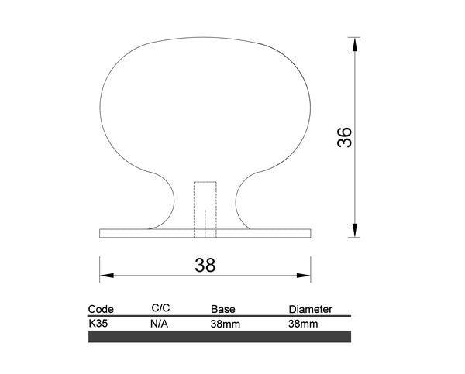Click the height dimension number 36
(345, 137)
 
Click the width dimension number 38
(205, 266)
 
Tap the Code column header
(101, 309)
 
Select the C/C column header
(160, 308)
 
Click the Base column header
(223, 309)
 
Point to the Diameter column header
(311, 309)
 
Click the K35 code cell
(98, 324)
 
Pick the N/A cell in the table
(159, 324)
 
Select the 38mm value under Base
(226, 324)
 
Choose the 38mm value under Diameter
(303, 324)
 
